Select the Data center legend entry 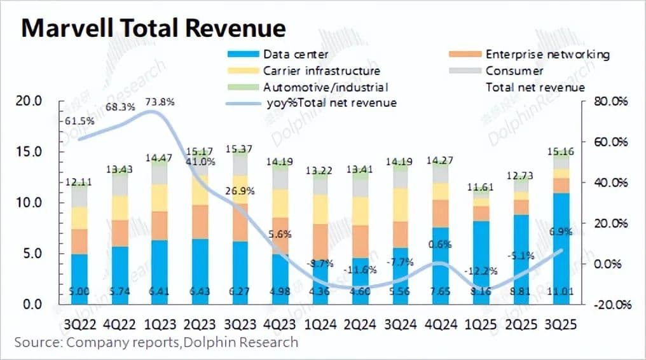click(295, 54)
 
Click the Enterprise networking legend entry click(547, 54)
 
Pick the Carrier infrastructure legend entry click(321, 71)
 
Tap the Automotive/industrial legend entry click(325, 87)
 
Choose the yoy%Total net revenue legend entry click(331, 102)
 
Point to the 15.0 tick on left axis click(31, 152)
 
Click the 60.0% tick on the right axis click(610, 142)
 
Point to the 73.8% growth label click(160, 101)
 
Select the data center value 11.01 click(560, 292)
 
